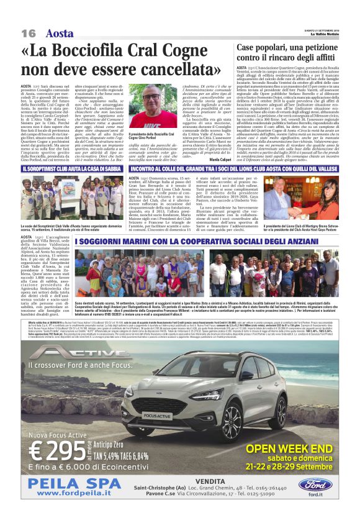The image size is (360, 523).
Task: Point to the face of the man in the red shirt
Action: coord(153,99)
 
